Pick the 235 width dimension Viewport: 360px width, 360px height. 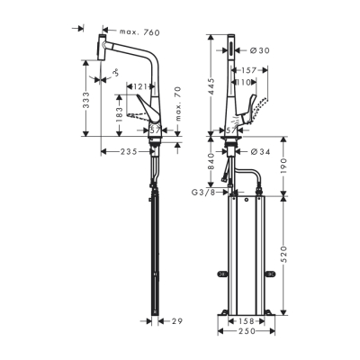(x=128, y=151)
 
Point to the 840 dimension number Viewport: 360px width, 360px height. (x=210, y=163)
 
